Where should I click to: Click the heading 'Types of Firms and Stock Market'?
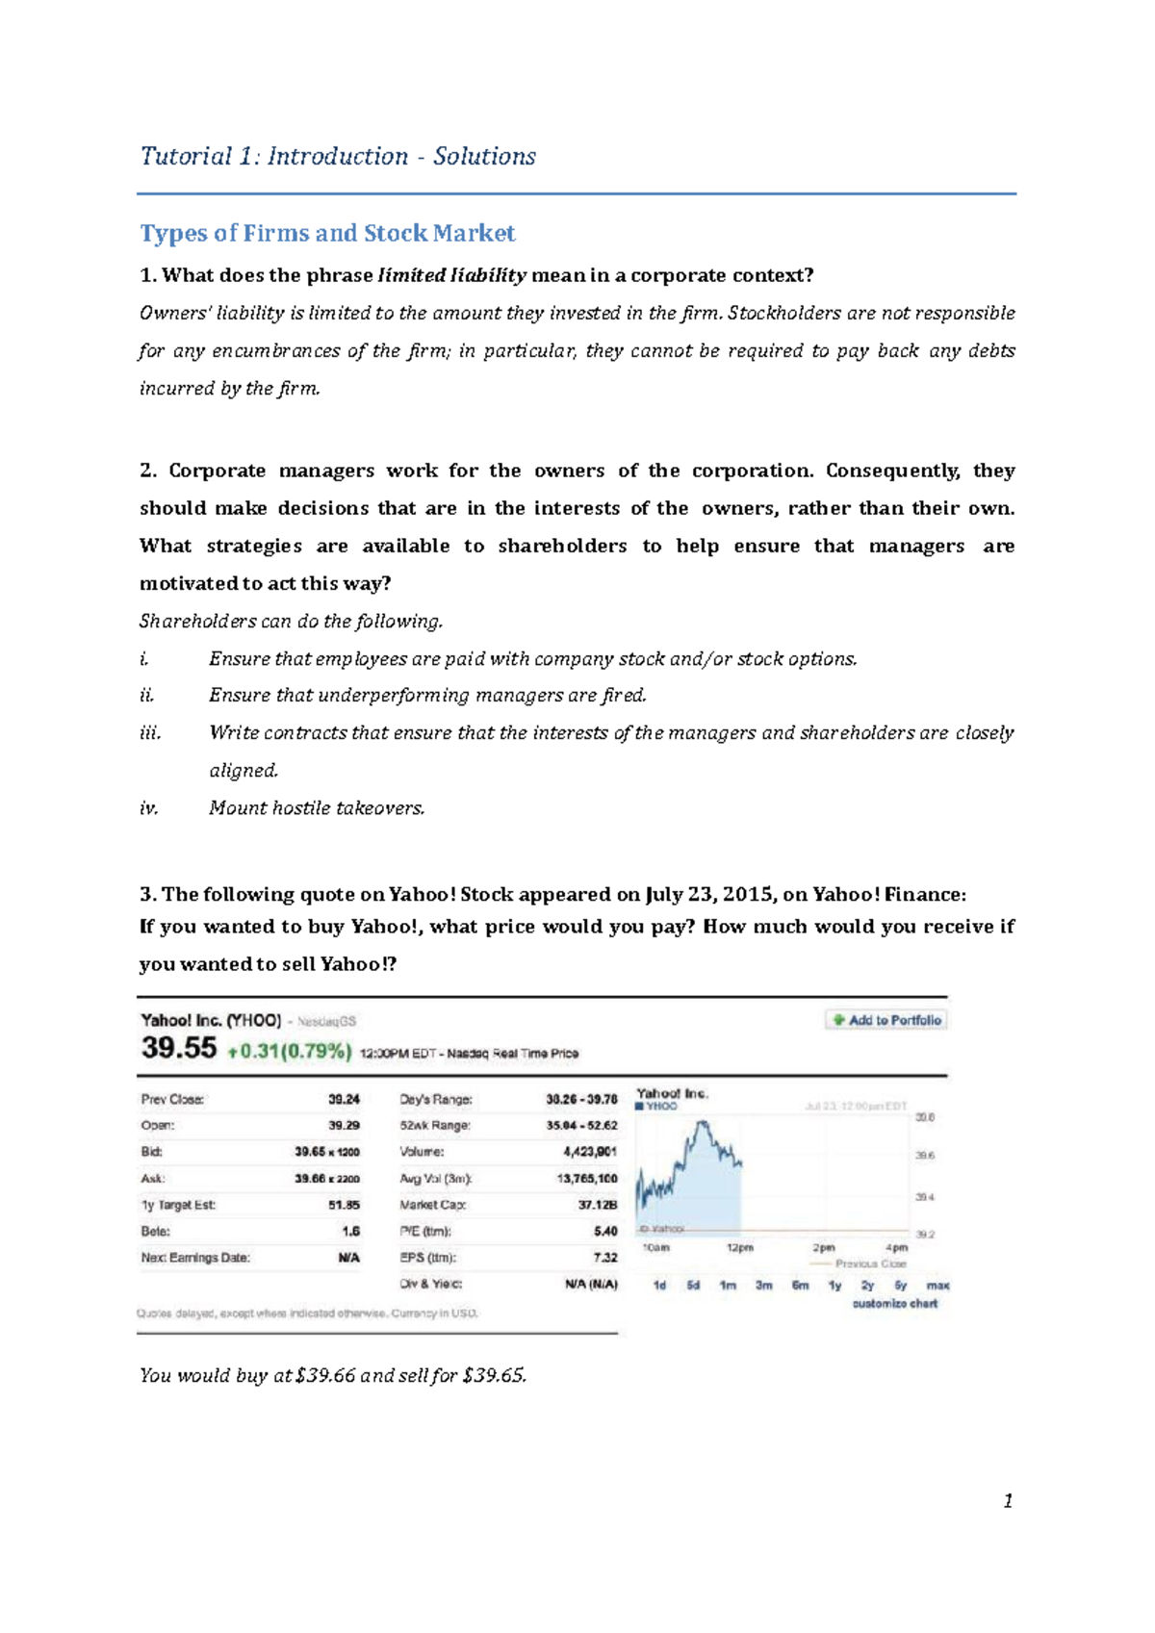coord(327,234)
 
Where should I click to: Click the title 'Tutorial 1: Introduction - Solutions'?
coord(338,157)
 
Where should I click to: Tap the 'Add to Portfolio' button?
coord(886,1020)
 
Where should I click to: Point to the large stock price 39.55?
coord(179,1049)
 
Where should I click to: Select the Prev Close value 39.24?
coord(344,1099)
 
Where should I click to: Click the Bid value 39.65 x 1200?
coord(327,1152)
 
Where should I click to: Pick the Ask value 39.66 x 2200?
coord(327,1178)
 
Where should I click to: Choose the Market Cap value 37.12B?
coord(598,1205)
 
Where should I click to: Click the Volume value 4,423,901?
coord(590,1152)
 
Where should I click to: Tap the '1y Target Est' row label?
coord(178,1205)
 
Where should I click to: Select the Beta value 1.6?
coord(350,1231)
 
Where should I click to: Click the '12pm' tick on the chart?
coord(740,1248)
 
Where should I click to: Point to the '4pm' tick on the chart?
coord(896,1248)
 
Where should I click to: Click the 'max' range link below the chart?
coord(937,1286)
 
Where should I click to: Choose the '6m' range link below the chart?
coord(800,1286)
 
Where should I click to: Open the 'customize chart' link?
coord(894,1304)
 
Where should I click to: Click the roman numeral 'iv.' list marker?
coord(148,808)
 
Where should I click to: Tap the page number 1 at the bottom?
coord(1008,1501)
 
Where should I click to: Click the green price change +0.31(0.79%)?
coord(289,1052)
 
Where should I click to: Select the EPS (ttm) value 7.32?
coord(605,1258)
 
